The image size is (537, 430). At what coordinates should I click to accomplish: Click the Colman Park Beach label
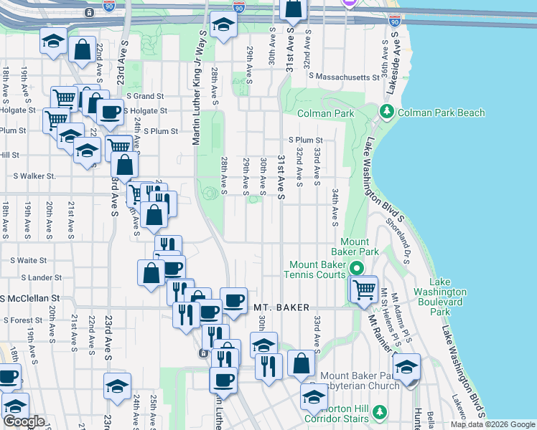tap(441, 113)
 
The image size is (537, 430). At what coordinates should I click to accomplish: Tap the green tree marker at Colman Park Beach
tap(387, 112)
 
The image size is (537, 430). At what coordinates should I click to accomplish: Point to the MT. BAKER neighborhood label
tap(281, 307)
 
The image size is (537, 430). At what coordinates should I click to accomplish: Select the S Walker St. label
tap(34, 176)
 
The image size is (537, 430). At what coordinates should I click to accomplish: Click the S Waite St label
tap(29, 261)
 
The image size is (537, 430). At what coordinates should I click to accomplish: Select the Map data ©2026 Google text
tap(492, 424)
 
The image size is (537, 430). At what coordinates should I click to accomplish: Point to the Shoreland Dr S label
tap(396, 236)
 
